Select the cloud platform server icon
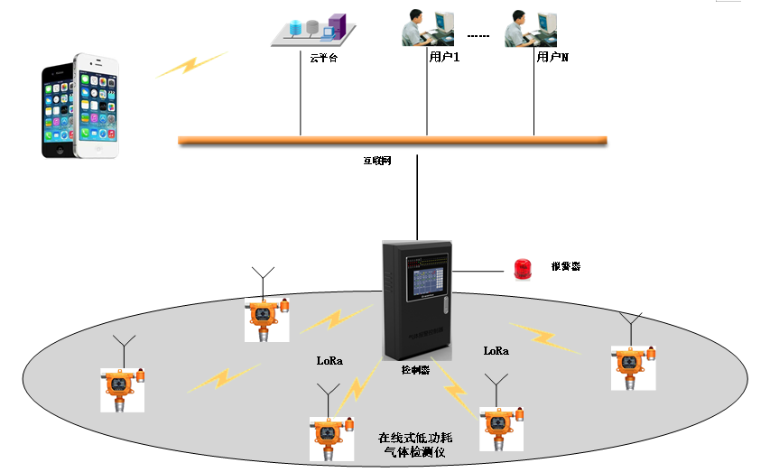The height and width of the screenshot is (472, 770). [311, 31]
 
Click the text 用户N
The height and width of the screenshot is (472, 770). [552, 57]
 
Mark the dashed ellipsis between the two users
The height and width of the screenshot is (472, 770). [478, 37]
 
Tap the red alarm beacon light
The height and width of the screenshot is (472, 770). [523, 268]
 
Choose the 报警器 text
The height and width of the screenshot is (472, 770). [565, 267]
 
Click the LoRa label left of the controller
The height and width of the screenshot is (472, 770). [329, 360]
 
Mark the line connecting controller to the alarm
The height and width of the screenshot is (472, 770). [480, 270]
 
